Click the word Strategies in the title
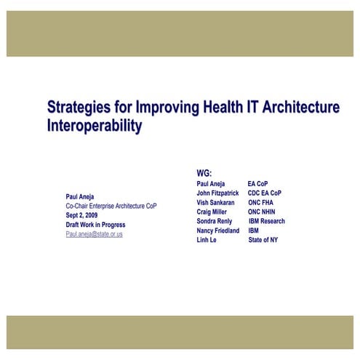tap(77, 108)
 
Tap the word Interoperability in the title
tap(94, 125)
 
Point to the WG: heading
tap(204, 172)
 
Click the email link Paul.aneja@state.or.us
tap(94, 234)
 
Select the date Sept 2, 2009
tap(81, 215)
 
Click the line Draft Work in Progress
tap(95, 225)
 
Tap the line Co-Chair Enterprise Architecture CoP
tap(111, 206)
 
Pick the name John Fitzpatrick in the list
tap(217, 193)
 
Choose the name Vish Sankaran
tap(215, 202)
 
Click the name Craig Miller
tap(212, 212)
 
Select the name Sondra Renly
tap(215, 221)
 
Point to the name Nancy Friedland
tap(217, 231)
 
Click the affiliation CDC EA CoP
tap(265, 193)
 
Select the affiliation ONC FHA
tap(261, 202)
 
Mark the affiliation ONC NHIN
tap(262, 212)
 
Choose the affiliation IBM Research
tap(266, 221)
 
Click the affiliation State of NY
tap(263, 240)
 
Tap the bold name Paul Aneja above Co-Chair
tap(80, 196)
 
